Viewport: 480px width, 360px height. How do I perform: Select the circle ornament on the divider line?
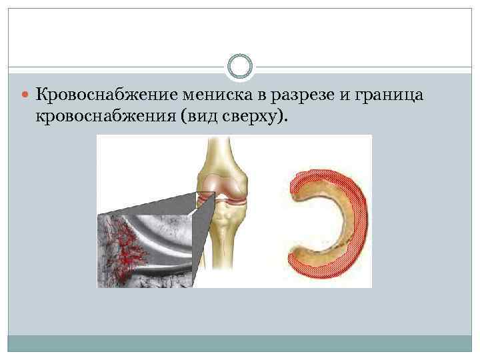(x=240, y=67)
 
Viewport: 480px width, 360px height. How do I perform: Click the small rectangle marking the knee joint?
(x=206, y=198)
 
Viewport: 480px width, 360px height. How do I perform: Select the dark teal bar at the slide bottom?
(x=240, y=343)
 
